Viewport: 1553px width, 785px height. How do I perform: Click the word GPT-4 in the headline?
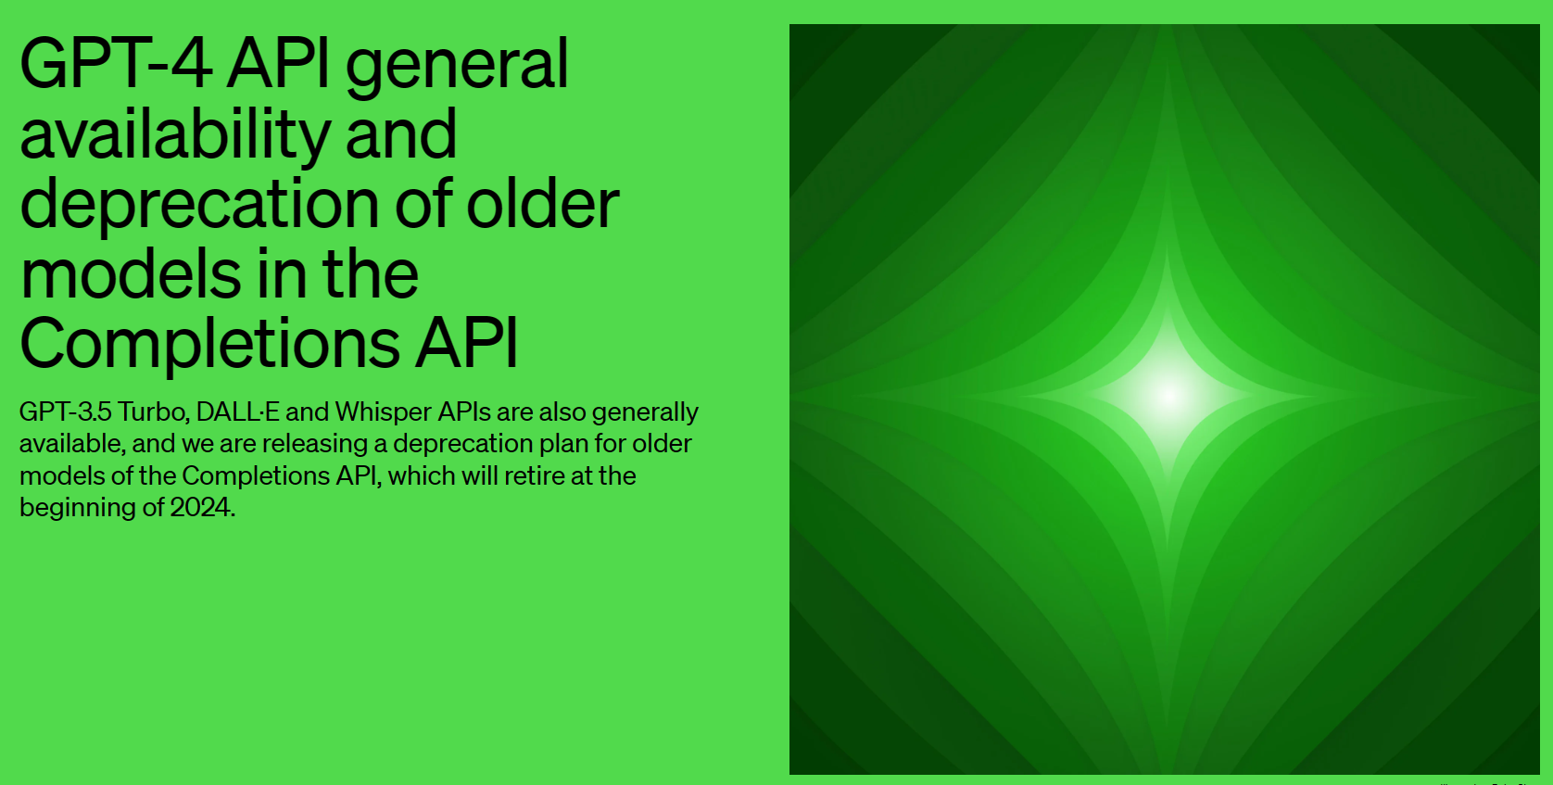116,64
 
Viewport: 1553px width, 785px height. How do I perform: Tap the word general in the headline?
457,69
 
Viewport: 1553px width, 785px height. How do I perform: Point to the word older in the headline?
543,204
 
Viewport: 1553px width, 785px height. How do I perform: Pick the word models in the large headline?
131,273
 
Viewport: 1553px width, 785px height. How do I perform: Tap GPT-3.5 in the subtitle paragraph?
65,411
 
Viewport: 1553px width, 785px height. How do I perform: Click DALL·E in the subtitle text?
238,411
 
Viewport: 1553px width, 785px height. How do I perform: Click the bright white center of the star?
1168,396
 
